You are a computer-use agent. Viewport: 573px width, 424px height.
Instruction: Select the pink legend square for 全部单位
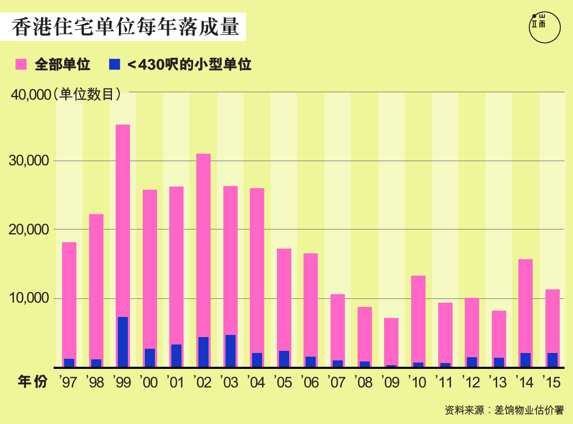pyautogui.click(x=21, y=65)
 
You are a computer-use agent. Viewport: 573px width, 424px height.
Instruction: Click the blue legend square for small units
pyautogui.click(x=114, y=65)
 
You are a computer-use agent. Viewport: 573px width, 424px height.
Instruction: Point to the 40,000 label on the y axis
pyautogui.click(x=30, y=95)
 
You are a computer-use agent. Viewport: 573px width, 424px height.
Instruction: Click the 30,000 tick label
pyautogui.click(x=30, y=161)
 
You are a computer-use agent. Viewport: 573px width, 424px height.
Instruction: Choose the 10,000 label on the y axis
pyautogui.click(x=30, y=298)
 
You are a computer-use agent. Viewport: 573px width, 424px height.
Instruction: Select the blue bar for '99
pyautogui.click(x=123, y=342)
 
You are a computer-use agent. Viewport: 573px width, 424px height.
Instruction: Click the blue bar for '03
pyautogui.click(x=230, y=351)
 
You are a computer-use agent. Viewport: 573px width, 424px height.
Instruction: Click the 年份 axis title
pyautogui.click(x=32, y=382)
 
